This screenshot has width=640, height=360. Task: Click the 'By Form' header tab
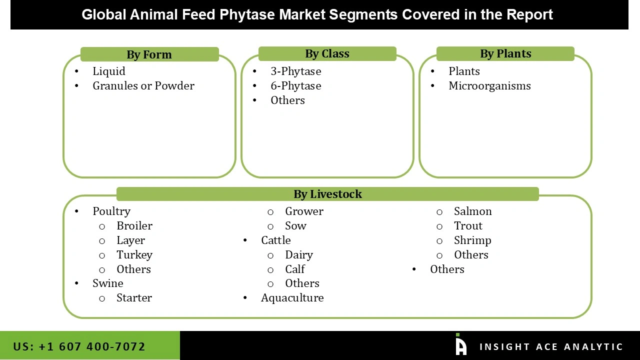pos(149,54)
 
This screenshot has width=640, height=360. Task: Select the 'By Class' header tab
pos(327,53)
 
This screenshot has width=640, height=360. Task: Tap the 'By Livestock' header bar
pos(327,194)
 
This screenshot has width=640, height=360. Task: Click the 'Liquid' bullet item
pos(109,71)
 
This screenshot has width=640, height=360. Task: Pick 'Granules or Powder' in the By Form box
pos(143,85)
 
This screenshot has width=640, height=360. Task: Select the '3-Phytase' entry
pos(296,71)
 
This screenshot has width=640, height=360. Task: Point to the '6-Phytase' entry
pos(296,85)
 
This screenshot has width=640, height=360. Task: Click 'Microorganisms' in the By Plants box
pos(489,85)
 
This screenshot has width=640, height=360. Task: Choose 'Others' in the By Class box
pos(287,100)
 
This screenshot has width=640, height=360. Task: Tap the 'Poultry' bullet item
pos(111,211)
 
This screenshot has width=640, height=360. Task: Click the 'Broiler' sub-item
pos(134,225)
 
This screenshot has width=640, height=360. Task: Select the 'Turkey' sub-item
pos(134,254)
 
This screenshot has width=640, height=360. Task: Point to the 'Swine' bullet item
pos(108,283)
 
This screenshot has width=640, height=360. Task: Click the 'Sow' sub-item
pos(295,225)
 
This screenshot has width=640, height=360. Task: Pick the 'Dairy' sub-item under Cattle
pos(299,254)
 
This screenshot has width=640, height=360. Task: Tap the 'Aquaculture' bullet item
pos(292,297)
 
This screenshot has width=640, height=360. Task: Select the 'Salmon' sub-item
pos(473,211)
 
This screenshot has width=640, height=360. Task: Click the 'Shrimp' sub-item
pos(472,240)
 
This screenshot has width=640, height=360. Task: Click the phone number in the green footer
pos(79,346)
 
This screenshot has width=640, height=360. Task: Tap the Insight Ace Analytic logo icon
pos(461,345)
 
